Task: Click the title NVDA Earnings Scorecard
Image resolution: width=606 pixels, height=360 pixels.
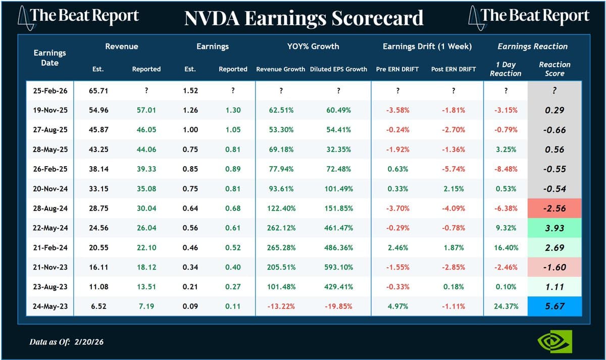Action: tap(304, 18)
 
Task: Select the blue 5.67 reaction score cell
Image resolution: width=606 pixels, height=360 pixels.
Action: tap(554, 306)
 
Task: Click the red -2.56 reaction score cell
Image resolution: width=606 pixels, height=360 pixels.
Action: tap(554, 208)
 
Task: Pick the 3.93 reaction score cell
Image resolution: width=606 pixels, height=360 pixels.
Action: tap(554, 228)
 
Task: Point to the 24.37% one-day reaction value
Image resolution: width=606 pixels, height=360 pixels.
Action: tap(506, 306)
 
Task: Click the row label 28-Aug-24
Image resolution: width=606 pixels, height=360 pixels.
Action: tap(49, 208)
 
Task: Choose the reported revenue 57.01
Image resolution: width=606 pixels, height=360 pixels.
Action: tap(146, 110)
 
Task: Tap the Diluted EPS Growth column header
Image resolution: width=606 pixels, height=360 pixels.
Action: tap(338, 69)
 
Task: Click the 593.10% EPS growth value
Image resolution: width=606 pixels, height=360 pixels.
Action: tap(338, 267)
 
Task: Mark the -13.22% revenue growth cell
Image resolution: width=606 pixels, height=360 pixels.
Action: tap(280, 306)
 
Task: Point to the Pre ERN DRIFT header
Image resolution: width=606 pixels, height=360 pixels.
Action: tap(397, 69)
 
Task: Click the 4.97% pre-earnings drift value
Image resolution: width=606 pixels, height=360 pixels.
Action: tap(397, 306)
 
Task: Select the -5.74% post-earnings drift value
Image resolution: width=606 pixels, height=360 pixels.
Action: tap(453, 169)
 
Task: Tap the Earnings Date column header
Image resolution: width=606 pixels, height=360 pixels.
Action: tap(49, 58)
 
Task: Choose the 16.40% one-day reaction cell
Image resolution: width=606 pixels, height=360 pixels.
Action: tap(506, 247)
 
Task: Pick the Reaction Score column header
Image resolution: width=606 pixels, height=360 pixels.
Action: tap(554, 69)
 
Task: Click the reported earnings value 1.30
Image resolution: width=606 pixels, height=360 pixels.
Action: tap(233, 110)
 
